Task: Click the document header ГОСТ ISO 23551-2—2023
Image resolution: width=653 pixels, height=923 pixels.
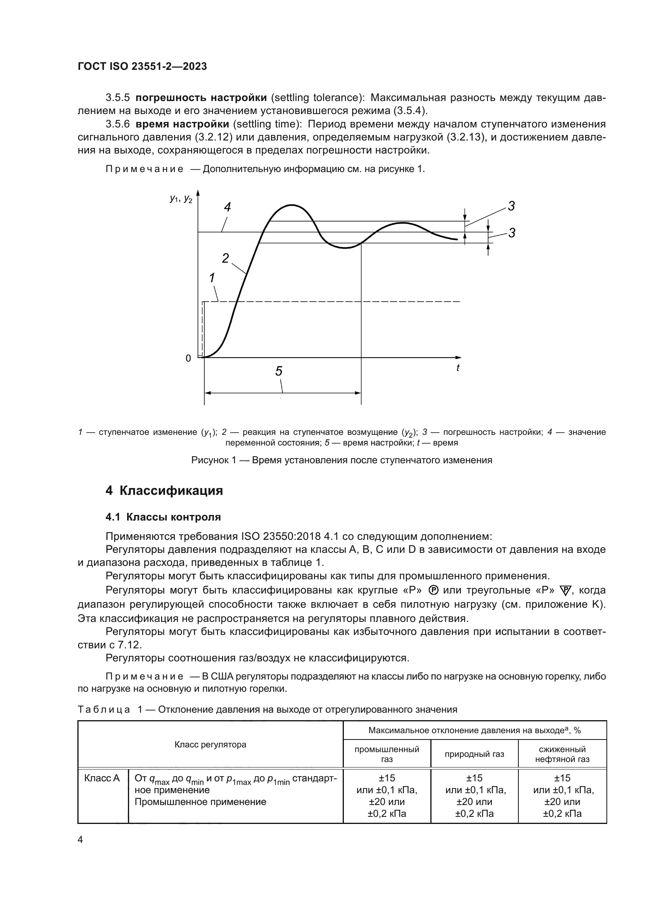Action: [142, 66]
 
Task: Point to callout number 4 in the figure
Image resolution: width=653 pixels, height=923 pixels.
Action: [227, 208]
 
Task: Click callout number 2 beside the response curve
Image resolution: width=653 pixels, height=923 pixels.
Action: [225, 258]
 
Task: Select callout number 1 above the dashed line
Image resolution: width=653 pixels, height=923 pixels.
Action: [212, 277]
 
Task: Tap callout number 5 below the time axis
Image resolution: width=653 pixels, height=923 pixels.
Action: [279, 371]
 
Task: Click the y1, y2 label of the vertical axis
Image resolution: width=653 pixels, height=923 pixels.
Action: [181, 198]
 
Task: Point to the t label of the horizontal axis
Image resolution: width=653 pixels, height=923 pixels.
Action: [458, 367]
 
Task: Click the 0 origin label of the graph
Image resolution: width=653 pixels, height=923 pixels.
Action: [188, 358]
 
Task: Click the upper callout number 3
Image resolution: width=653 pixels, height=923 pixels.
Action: [511, 206]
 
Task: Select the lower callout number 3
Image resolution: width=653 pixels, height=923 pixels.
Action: [511, 233]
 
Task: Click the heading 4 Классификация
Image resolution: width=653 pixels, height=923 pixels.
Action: [164, 491]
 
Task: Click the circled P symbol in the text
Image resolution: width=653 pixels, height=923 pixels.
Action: [433, 590]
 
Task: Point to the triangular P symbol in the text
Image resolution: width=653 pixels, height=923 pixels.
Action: [565, 591]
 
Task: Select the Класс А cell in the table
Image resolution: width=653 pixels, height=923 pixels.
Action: [102, 778]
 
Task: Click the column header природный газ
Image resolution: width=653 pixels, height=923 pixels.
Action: [474, 754]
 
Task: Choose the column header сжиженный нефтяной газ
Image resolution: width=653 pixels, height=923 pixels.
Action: [562, 754]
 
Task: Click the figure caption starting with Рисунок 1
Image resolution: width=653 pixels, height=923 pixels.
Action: [342, 460]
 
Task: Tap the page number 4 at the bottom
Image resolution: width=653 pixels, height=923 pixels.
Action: [80, 840]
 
